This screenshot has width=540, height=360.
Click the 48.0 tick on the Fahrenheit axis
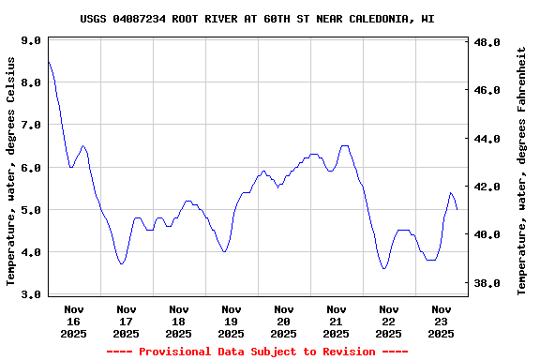point(488,43)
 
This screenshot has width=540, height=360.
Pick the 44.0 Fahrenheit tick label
point(488,139)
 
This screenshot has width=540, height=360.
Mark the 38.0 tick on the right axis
point(488,282)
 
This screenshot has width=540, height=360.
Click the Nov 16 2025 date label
point(73,321)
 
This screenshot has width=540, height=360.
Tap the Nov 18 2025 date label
point(178,321)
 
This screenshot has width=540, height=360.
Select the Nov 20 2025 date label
point(283,321)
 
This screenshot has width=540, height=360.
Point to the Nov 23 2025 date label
point(441,321)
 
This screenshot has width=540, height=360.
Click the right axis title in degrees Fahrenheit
point(521,170)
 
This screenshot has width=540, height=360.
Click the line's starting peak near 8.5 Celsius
point(48,62)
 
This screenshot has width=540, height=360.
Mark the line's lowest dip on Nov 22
point(384,268)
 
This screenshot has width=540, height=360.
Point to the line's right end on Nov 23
point(457,209)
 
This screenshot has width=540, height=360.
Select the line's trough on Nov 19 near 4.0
point(224,251)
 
